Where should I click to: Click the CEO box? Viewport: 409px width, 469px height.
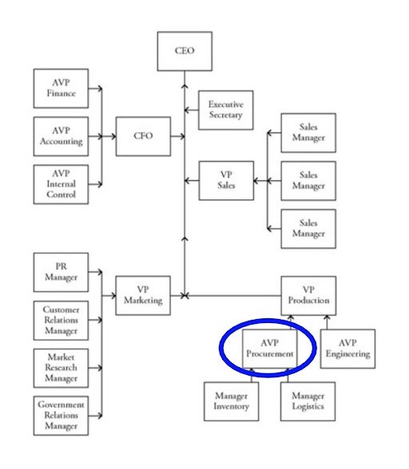click(185, 51)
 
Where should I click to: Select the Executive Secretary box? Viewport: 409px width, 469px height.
click(225, 109)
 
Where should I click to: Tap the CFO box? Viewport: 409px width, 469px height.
click(143, 136)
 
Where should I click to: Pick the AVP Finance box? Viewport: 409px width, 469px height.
click(61, 89)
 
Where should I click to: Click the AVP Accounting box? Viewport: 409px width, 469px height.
click(61, 136)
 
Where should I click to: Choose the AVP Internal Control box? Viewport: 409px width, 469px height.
click(61, 184)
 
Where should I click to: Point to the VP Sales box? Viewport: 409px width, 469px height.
click(226, 179)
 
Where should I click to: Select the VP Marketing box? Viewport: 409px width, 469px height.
click(143, 296)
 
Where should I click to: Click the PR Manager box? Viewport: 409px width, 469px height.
click(61, 272)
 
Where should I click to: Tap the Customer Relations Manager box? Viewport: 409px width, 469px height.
click(61, 320)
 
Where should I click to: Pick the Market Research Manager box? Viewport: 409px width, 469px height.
click(61, 368)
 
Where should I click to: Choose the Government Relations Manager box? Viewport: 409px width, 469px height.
click(61, 416)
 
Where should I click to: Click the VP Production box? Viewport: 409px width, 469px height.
click(308, 296)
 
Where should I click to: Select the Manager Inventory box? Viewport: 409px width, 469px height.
click(231, 401)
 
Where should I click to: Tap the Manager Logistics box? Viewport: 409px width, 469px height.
click(308, 401)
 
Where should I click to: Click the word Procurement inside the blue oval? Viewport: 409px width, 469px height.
click(269, 353)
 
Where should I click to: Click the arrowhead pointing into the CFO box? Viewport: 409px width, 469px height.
click(112, 136)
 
